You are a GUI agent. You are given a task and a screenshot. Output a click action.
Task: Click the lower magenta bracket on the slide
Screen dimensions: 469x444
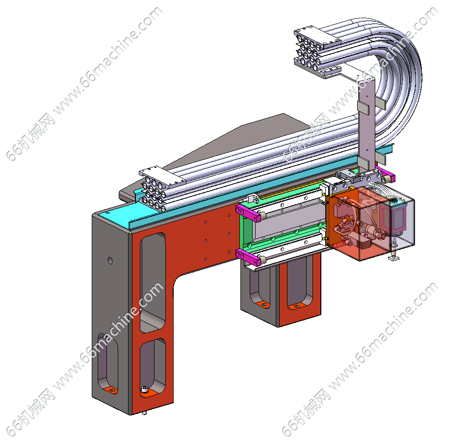tap(248, 257)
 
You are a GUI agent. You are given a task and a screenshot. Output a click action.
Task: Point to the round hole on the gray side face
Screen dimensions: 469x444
tap(110, 260)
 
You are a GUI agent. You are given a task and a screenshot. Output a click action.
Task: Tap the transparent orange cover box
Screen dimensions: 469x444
tap(356, 223)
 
